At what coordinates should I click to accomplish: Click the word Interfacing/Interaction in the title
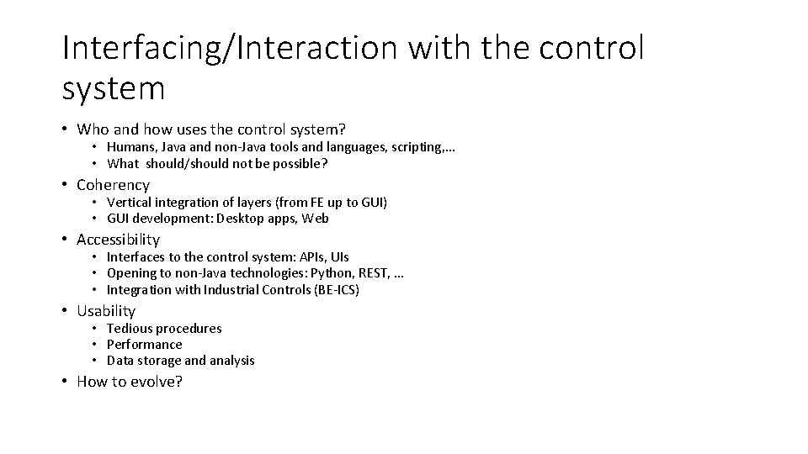230,48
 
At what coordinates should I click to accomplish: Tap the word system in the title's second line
113,87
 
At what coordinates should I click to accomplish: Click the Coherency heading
113,185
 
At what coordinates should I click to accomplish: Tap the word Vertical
128,203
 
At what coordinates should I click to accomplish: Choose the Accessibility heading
118,240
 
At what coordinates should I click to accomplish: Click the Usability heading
105,311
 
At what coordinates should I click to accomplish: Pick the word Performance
144,344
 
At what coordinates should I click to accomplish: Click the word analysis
231,361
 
